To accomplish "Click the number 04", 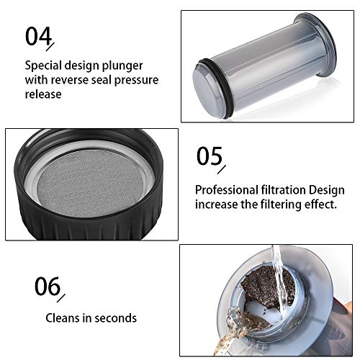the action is [x=38, y=36].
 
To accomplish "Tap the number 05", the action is [x=210, y=156].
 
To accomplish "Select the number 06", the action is [x=48, y=286].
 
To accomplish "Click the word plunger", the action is [x=122, y=66].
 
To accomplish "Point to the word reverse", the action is [x=70, y=80].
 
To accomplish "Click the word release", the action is [x=43, y=94].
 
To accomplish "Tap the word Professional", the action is [x=226, y=190].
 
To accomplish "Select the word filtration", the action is [x=284, y=190].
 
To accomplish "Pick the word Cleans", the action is [x=63, y=318].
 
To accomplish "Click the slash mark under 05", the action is [x=222, y=169].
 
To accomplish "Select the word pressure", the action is [x=136, y=81].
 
